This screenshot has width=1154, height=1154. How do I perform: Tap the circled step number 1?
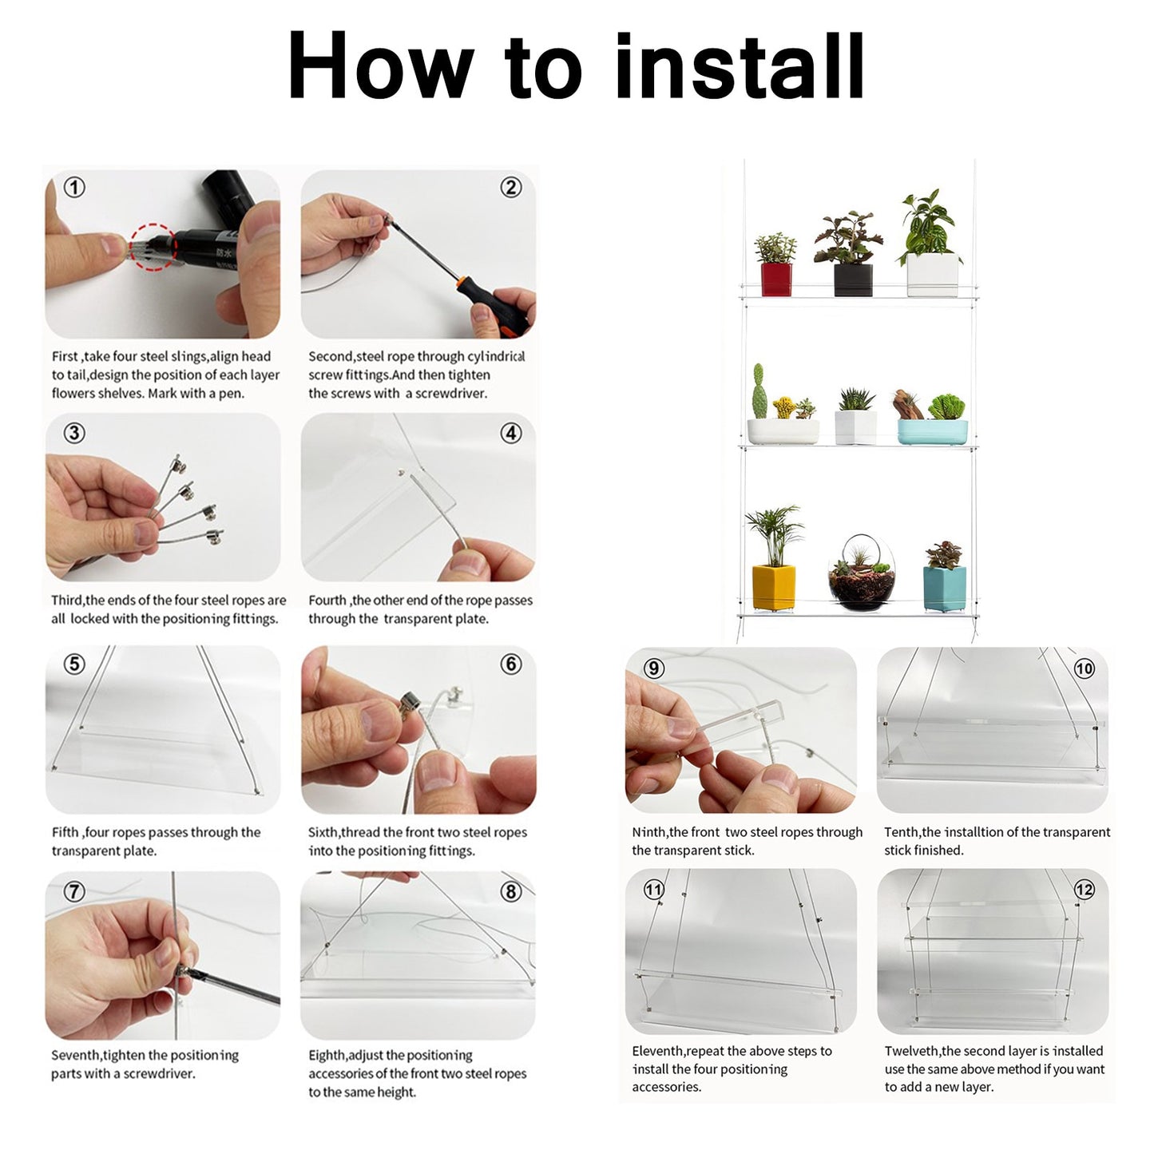point(74,188)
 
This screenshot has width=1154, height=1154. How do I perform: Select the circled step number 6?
point(511,664)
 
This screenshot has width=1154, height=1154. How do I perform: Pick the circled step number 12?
point(1084,890)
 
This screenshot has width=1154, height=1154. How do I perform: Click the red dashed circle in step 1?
point(152,246)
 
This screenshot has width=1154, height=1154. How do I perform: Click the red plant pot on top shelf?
point(775,279)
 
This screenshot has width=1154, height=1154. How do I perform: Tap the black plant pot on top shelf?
point(852,280)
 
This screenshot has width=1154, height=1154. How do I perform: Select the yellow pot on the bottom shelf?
point(773,587)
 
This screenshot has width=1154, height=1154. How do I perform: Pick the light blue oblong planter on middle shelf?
point(932,431)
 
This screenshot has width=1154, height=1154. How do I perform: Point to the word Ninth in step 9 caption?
point(649,832)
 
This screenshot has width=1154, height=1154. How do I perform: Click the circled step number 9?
point(653,668)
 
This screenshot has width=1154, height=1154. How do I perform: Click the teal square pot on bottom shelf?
point(944,589)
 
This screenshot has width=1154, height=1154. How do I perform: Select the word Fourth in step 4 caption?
point(327,601)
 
